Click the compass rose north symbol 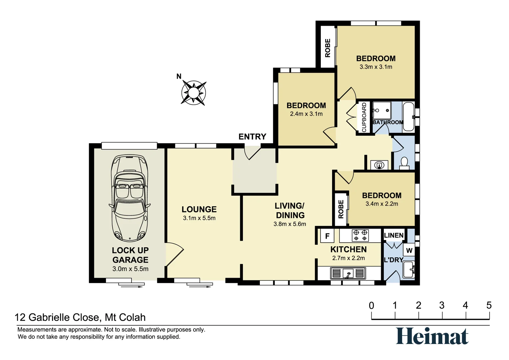[x=193, y=92]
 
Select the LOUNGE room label [x=199, y=209]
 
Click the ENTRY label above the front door [x=252, y=137]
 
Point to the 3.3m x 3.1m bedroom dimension [x=376, y=67]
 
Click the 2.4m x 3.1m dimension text [x=306, y=114]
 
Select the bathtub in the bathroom [x=408, y=117]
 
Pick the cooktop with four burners [x=360, y=235]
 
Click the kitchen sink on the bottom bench [x=348, y=273]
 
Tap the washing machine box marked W [x=409, y=250]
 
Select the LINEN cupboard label [x=393, y=235]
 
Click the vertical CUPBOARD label [x=364, y=117]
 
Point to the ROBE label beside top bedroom [x=328, y=48]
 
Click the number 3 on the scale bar [x=442, y=305]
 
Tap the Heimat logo [x=432, y=336]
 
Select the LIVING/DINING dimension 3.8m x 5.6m [x=289, y=224]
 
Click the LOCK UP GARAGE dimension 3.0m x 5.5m [x=130, y=269]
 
